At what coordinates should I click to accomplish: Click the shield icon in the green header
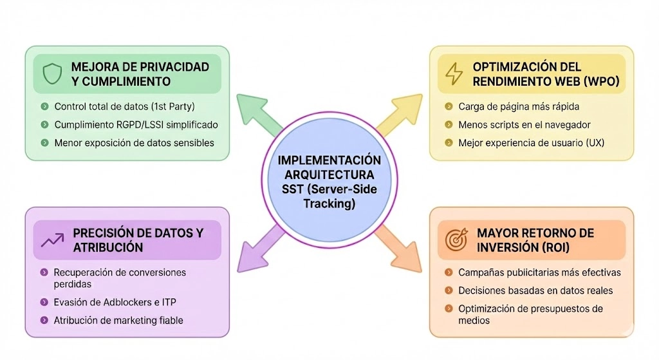51,74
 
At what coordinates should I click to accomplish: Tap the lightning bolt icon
454,74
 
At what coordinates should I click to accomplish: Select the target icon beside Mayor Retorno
456,240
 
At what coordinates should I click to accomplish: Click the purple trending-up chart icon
51,240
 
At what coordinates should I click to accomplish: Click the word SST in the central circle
293,190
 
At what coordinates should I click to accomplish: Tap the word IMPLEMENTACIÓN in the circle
329,160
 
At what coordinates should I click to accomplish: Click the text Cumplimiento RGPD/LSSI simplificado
136,124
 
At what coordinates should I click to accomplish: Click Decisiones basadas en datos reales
535,290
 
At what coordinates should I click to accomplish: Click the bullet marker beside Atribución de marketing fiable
43,320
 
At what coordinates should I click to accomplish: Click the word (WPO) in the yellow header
602,82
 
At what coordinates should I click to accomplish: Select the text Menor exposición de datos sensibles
134,142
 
